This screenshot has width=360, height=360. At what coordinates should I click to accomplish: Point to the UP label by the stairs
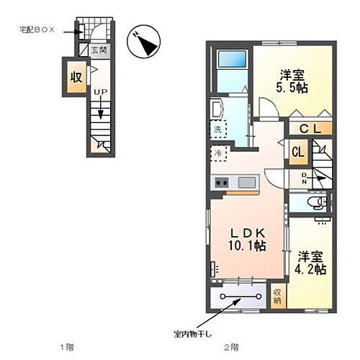(101, 92)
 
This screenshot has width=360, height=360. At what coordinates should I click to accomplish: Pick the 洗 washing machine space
(217, 130)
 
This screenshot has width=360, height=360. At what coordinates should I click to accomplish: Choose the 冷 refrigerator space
(217, 153)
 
